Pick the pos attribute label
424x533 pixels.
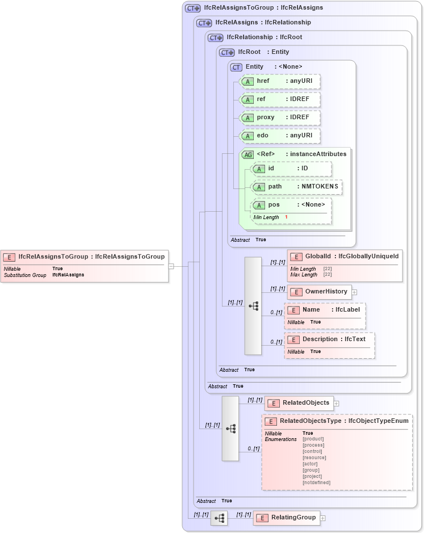coord(274,205)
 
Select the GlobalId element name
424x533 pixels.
coord(318,257)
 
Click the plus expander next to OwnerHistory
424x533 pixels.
coord(355,292)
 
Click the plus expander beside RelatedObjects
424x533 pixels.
coord(337,404)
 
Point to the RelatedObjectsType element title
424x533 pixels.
coord(310,421)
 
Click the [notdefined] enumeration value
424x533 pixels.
coord(317,482)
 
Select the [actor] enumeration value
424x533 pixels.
coord(310,464)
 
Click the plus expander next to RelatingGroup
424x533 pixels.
coord(323,518)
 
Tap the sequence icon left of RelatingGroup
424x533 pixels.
coord(219,518)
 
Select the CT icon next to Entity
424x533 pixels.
coord(236,67)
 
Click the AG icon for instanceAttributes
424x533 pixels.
coord(247,154)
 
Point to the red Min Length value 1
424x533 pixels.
coord(286,217)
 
